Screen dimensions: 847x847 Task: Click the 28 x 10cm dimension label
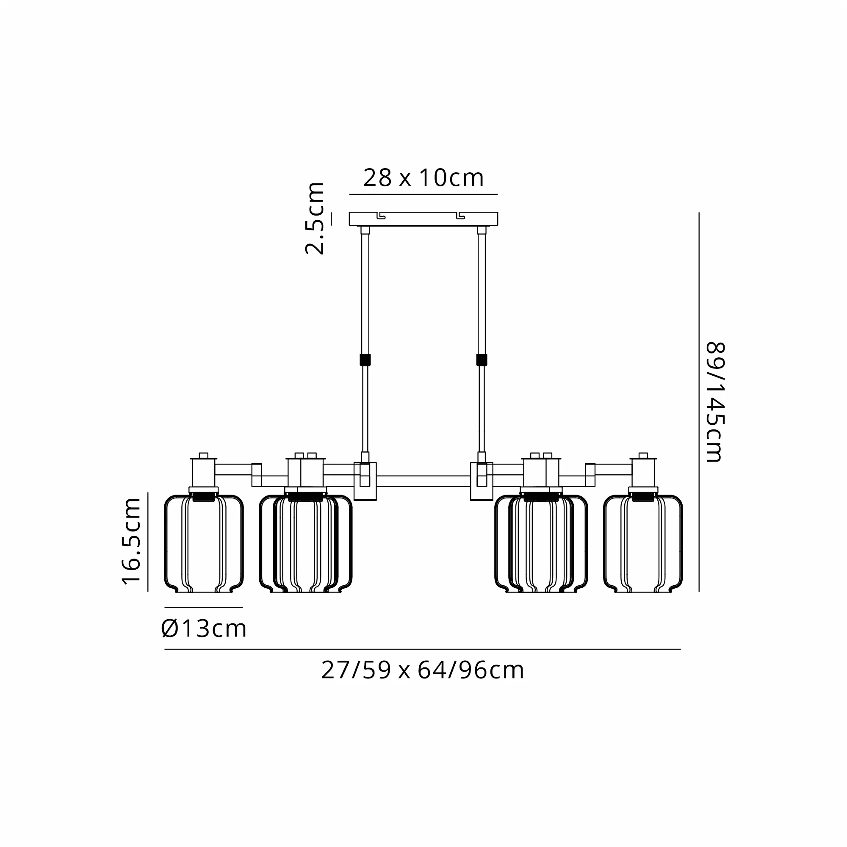pos(423,177)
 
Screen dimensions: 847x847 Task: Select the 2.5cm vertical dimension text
pos(315,219)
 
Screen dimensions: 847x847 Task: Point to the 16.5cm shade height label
pos(132,541)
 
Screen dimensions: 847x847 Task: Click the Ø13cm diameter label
pos(204,628)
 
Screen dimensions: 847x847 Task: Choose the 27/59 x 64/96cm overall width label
pos(423,670)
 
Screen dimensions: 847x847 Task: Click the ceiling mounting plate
pos(423,219)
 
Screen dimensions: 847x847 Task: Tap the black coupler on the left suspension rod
pos(365,360)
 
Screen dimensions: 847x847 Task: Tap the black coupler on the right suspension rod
pos(482,360)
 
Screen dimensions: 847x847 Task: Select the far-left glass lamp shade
pos(204,544)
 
